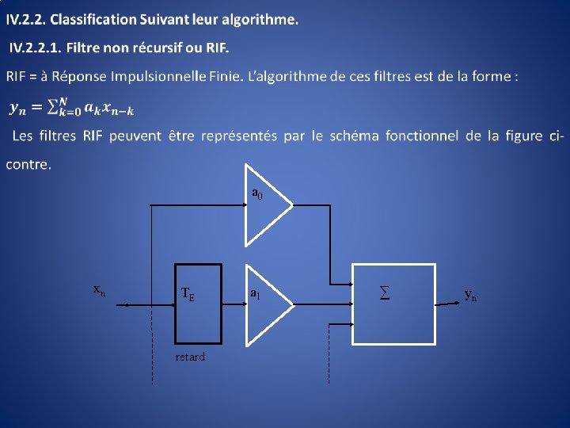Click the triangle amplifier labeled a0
(266, 204)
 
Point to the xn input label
(99, 290)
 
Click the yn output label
(470, 295)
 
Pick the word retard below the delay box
(190, 357)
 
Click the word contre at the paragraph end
(27, 165)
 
